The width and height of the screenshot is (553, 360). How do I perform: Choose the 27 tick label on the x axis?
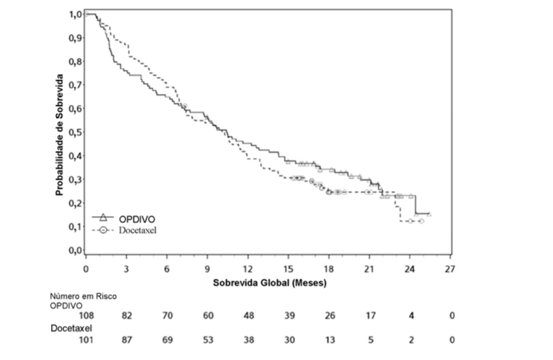pos(452,268)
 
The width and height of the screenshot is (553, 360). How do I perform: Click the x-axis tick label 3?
pos(127,268)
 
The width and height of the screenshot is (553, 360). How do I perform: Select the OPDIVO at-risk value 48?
pos(248,316)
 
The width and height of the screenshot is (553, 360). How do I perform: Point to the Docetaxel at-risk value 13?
pos(329,340)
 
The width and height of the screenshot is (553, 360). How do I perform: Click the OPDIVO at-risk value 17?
pos(370,316)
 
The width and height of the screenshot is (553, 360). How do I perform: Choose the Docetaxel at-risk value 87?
pos(127,340)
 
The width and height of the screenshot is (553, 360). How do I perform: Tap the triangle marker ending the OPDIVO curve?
pos(429,215)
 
